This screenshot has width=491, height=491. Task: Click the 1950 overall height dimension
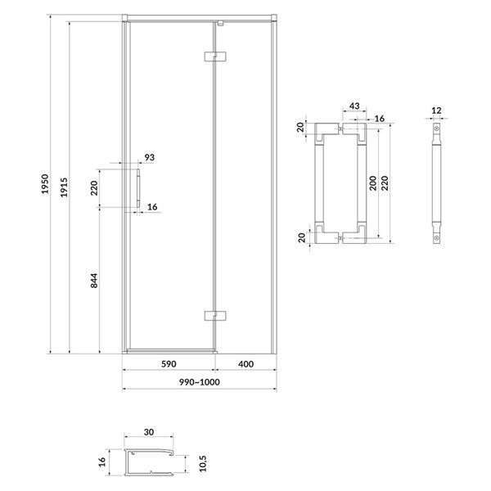pyautogui.click(x=45, y=184)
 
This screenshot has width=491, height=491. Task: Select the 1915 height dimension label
pyautogui.click(x=64, y=187)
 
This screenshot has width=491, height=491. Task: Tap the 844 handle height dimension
pyautogui.click(x=94, y=281)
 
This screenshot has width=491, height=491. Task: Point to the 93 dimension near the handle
pyautogui.click(x=150, y=157)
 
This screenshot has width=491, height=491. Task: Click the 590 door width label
pyautogui.click(x=169, y=364)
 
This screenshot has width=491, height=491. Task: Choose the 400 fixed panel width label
pyautogui.click(x=245, y=364)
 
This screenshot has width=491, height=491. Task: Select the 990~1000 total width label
pyautogui.click(x=200, y=382)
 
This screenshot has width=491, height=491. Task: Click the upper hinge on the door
pyautogui.click(x=215, y=56)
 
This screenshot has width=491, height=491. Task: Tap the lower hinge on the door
pyautogui.click(x=215, y=316)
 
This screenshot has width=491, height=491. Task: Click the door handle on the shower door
pyautogui.click(x=138, y=188)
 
